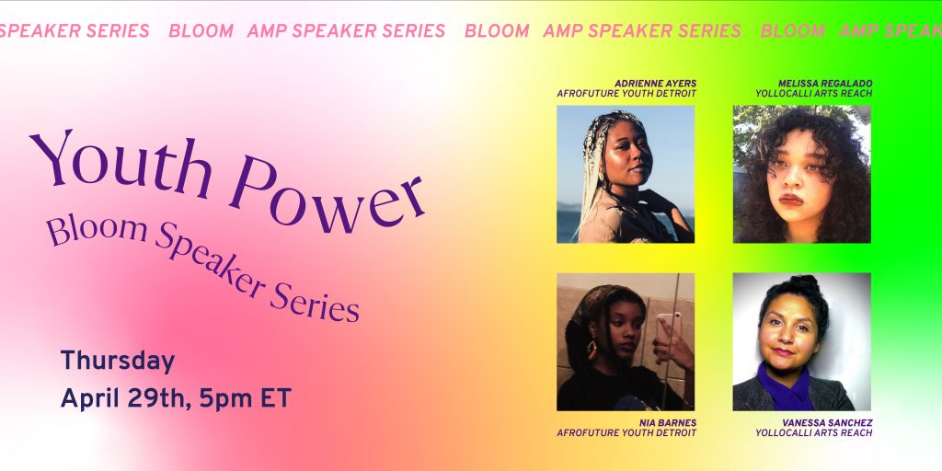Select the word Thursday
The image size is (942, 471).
tap(118, 362)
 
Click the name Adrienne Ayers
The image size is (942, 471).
tap(655, 84)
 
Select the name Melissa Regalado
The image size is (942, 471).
tap(825, 84)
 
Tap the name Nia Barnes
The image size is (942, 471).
tap(668, 423)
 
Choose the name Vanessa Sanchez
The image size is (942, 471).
tap(827, 423)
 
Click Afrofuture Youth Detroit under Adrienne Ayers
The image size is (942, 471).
tap(626, 94)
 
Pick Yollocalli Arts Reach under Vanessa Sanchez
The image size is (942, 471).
tap(814, 433)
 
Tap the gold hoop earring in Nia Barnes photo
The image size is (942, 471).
tap(592, 350)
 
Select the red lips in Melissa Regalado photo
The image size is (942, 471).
tap(790, 200)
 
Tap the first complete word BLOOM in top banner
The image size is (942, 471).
tap(201, 31)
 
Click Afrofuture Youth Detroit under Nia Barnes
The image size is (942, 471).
tap(626, 433)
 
